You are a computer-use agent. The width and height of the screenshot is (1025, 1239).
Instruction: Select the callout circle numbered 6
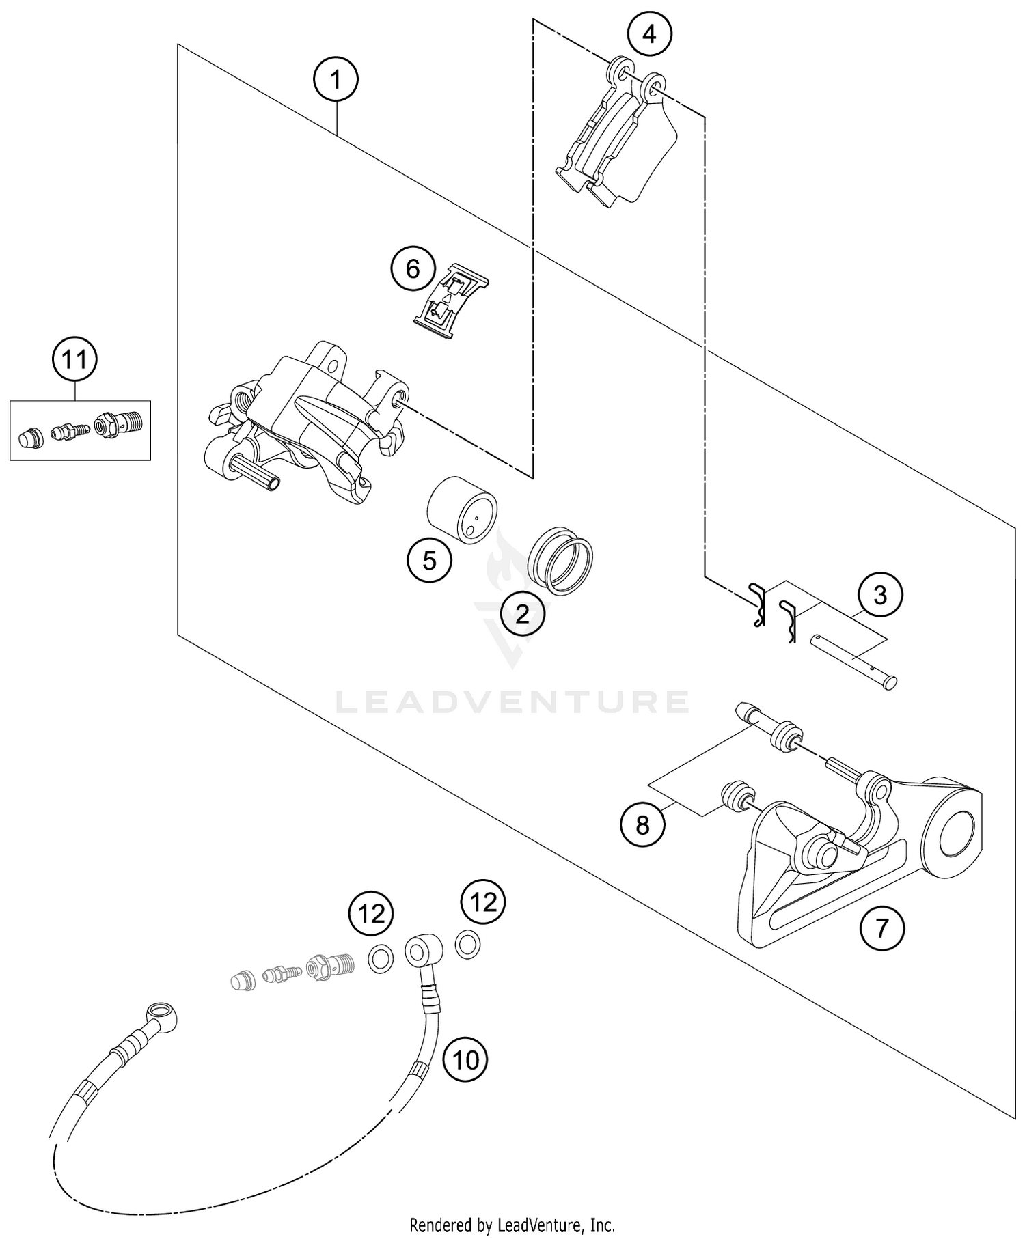(413, 269)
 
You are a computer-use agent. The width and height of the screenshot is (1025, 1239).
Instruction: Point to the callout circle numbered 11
(75, 359)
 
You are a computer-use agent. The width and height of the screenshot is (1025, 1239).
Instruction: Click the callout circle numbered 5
(429, 560)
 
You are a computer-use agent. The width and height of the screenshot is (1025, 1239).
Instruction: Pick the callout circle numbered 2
(522, 614)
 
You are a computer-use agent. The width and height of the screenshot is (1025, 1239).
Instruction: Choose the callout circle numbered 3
(879, 595)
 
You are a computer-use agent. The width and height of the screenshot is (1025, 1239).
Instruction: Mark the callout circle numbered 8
(642, 825)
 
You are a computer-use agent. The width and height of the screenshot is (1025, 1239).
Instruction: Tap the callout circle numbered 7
(881, 928)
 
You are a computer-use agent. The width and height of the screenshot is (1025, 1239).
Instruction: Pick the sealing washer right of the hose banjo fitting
(467, 945)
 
